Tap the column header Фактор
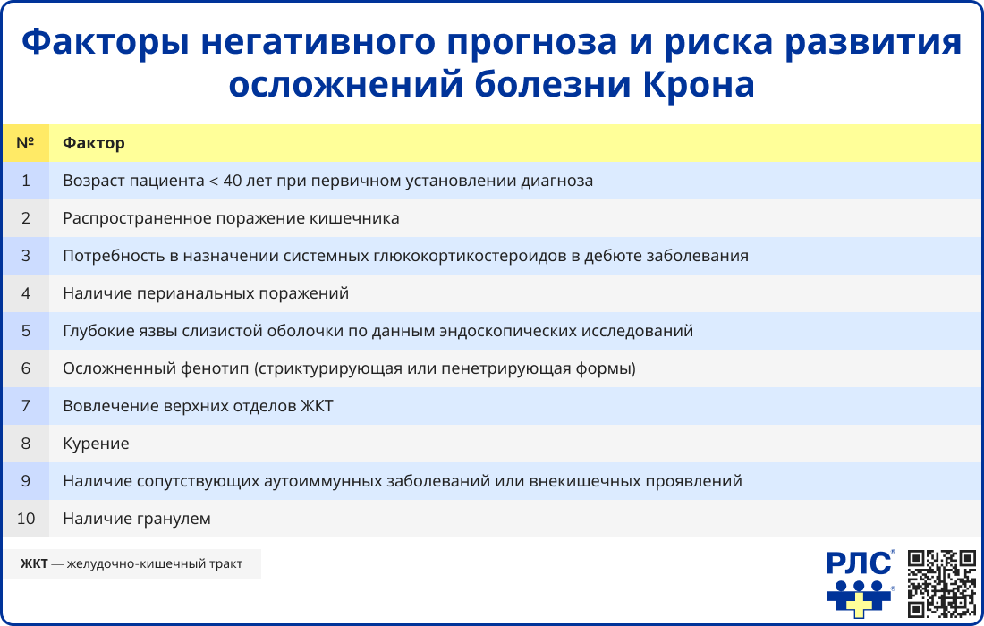point(94,143)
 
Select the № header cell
point(25,143)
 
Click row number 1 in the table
point(25,181)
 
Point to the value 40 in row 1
point(233,181)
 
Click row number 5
point(25,331)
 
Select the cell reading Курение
point(96,444)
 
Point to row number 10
point(25,519)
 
